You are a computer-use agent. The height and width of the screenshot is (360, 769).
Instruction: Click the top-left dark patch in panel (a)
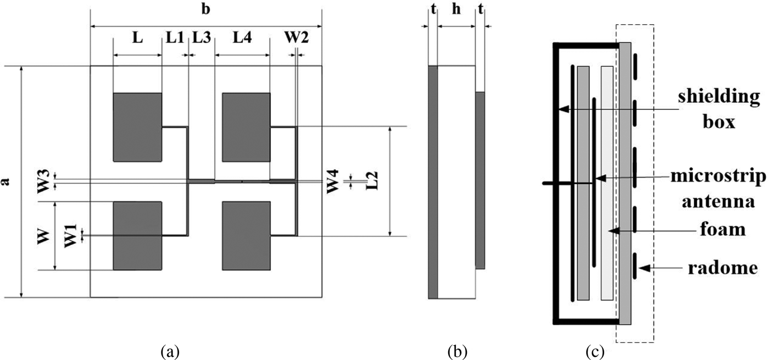[x=137, y=127]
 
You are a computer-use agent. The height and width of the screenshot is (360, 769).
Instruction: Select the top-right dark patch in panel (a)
[x=246, y=127]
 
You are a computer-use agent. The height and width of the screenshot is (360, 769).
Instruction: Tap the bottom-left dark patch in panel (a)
[x=137, y=236]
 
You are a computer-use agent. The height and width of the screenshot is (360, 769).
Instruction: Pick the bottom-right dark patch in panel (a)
[x=246, y=236]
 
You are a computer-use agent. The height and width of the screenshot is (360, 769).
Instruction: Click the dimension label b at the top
[x=206, y=10]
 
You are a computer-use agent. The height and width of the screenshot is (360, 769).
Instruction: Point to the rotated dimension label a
[x=7, y=181]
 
